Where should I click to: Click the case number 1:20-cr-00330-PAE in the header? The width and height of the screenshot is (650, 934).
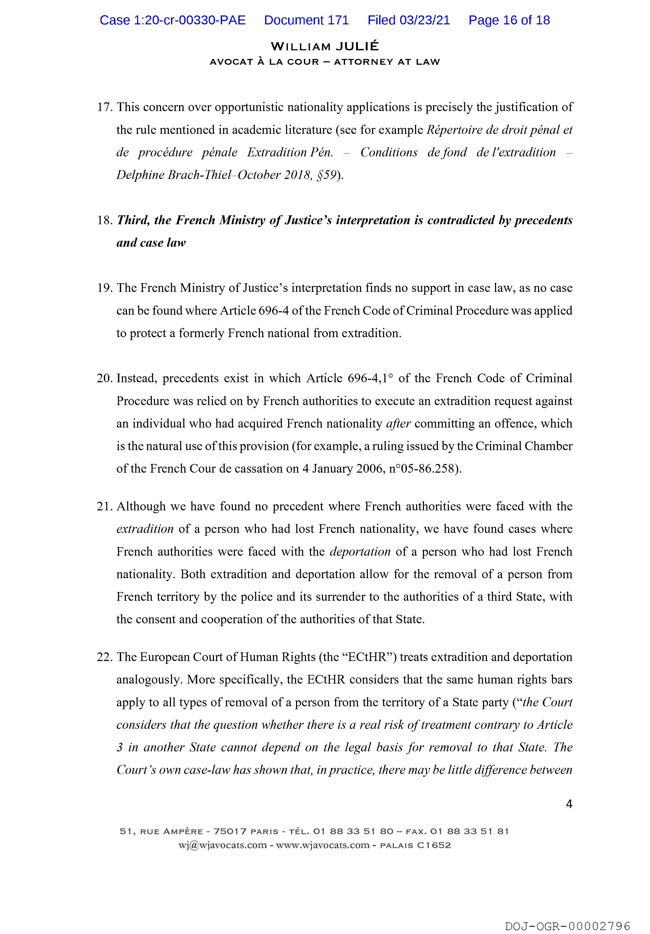[173, 20]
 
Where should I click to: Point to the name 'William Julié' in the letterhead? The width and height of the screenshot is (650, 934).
[324, 46]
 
